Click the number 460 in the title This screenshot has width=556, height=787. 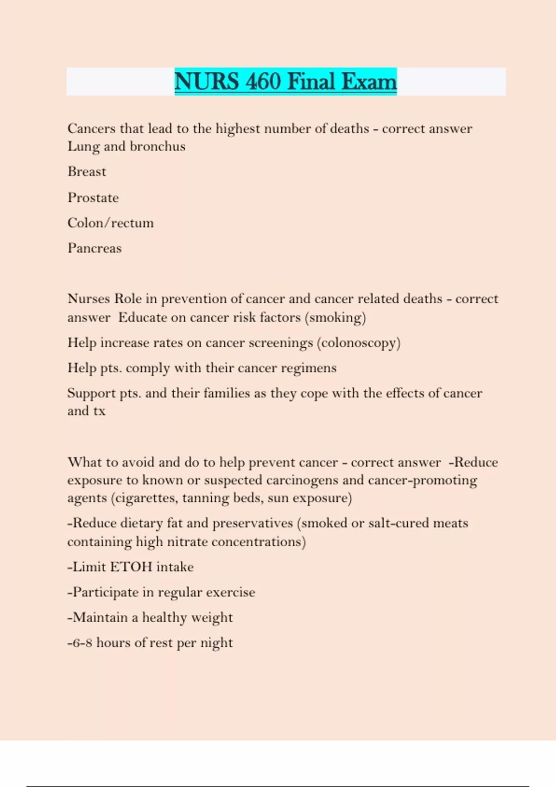[x=263, y=81]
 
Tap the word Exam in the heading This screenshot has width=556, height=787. [x=369, y=81]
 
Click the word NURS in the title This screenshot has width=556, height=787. [x=207, y=81]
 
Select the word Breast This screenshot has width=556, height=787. [x=87, y=172]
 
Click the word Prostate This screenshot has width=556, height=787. [x=93, y=198]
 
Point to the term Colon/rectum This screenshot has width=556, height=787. [x=110, y=223]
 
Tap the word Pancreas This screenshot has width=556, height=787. [x=95, y=248]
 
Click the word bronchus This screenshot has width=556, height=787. [x=158, y=146]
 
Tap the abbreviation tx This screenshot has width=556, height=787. [x=99, y=411]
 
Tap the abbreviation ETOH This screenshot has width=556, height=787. [x=131, y=567]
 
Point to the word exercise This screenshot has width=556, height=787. [x=230, y=593]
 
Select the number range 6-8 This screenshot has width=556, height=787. [x=82, y=643]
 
